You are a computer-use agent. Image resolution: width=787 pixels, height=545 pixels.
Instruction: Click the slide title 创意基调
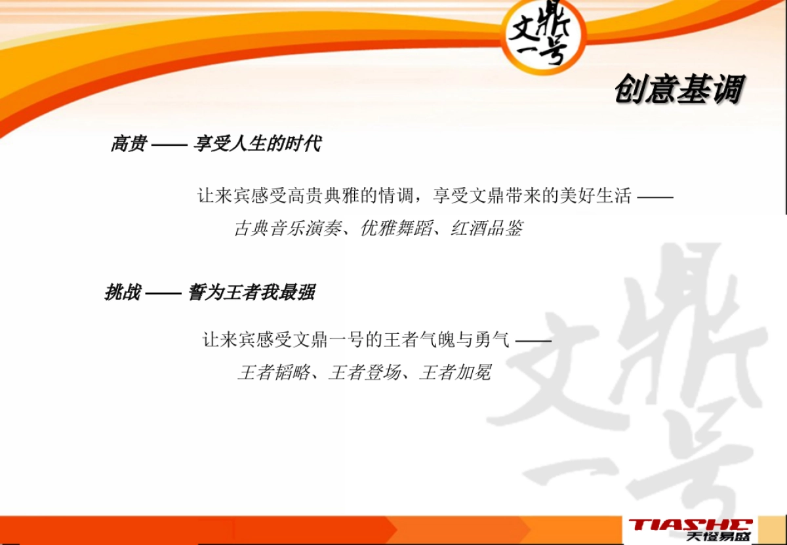pos(679,90)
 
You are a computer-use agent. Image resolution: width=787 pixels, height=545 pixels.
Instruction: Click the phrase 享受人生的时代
pos(257,144)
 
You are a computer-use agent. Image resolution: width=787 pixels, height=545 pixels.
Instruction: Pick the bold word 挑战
pos(123,292)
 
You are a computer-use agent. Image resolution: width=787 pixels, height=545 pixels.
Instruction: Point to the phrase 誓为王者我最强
pos(251,292)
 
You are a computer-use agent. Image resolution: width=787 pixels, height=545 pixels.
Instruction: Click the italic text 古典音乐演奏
pos(288,228)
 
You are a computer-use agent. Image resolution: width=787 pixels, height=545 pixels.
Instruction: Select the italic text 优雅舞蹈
pos(396,228)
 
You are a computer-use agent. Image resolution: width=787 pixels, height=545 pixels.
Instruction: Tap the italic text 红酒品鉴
pos(487,228)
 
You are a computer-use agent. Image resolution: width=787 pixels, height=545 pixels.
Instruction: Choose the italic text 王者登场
pos(364,373)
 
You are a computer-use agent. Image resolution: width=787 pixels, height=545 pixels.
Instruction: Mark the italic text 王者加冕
pos(454,373)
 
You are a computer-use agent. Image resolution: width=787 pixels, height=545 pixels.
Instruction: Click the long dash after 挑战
pos(163,293)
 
